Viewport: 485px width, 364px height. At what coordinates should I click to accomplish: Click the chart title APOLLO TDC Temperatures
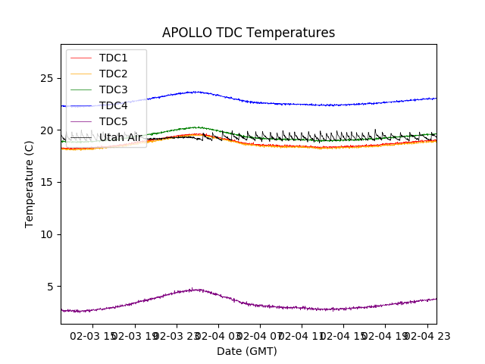pyautogui.click(x=249, y=33)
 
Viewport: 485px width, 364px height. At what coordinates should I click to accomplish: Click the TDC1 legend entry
pyautogui.click(x=113, y=58)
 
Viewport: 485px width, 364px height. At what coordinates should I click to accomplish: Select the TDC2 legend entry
pyautogui.click(x=113, y=74)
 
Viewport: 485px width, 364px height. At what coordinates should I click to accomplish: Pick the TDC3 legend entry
pyautogui.click(x=113, y=89)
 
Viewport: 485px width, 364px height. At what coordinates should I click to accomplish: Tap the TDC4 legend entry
pyautogui.click(x=113, y=105)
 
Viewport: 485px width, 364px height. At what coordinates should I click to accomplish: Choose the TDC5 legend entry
pyautogui.click(x=113, y=121)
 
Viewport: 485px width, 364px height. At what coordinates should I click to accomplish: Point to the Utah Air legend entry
pyautogui.click(x=120, y=137)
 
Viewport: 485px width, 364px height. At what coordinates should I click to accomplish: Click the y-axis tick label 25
pyautogui.click(x=48, y=78)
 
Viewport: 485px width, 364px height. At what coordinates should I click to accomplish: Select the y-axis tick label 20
pyautogui.click(x=48, y=130)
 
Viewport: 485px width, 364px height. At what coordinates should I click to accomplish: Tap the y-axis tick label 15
pyautogui.click(x=48, y=182)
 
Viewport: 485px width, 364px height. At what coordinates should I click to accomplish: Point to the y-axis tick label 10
pyautogui.click(x=48, y=234)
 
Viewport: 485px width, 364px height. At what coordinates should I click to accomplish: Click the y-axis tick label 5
pyautogui.click(x=51, y=287)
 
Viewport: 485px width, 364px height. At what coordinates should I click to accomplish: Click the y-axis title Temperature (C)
pyautogui.click(x=30, y=184)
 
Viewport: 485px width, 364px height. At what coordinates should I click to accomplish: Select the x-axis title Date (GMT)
pyautogui.click(x=247, y=351)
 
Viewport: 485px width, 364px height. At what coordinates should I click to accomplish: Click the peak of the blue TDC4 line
pyautogui.click(x=196, y=92)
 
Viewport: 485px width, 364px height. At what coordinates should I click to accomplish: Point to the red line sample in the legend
pyautogui.click(x=81, y=58)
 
